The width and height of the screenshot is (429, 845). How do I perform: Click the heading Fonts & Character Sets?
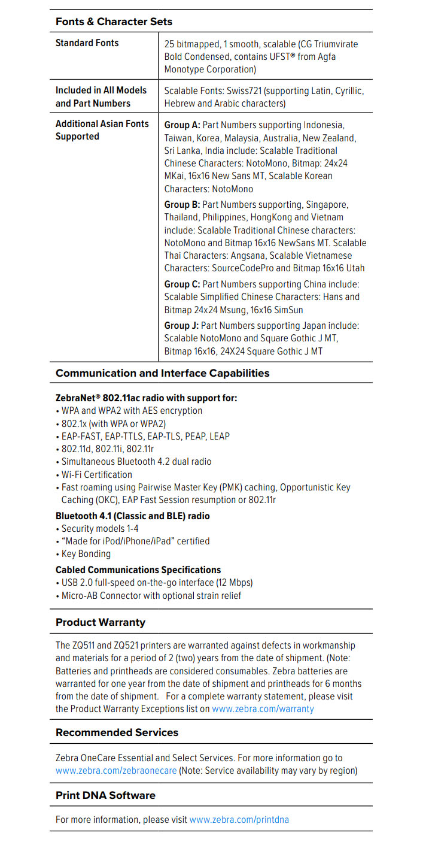(x=114, y=22)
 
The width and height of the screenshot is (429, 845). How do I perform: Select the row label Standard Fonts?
(x=87, y=43)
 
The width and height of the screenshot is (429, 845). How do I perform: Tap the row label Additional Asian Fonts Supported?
(x=102, y=130)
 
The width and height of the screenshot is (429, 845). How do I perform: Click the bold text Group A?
(x=182, y=125)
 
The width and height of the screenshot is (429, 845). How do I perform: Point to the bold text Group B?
(x=182, y=205)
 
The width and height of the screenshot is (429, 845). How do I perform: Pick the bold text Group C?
(x=182, y=284)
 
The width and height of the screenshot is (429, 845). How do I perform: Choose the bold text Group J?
(x=182, y=326)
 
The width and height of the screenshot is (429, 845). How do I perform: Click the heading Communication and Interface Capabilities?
(x=162, y=373)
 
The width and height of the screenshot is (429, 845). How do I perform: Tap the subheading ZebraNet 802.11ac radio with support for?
(x=146, y=398)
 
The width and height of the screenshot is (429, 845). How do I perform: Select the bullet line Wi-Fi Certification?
(x=97, y=474)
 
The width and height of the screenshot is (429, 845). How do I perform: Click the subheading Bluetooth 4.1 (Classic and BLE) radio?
(x=132, y=516)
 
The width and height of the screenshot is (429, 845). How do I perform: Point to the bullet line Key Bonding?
(x=86, y=554)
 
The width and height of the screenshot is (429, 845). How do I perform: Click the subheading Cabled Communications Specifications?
(x=138, y=570)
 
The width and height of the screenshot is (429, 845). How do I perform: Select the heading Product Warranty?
(x=100, y=622)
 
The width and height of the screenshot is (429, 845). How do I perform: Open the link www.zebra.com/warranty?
(x=263, y=709)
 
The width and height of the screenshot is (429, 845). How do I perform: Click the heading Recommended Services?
(x=117, y=732)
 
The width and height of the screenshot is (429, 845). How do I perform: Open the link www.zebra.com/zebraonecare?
(x=116, y=771)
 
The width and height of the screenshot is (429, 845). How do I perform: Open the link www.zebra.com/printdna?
(x=239, y=819)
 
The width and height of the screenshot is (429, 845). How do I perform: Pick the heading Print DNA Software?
(x=105, y=795)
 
